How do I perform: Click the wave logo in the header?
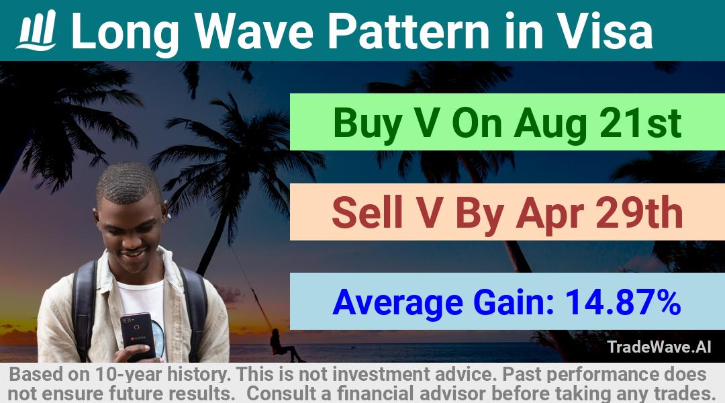tap(36, 30)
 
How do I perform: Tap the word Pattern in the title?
tap(408, 31)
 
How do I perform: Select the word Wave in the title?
tap(254, 31)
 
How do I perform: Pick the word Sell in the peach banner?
tap(367, 213)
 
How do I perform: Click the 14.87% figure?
tap(623, 302)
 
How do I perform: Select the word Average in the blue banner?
tap(397, 303)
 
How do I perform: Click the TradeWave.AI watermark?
tap(659, 347)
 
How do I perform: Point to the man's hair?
tap(128, 182)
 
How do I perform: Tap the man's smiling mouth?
tap(134, 253)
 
